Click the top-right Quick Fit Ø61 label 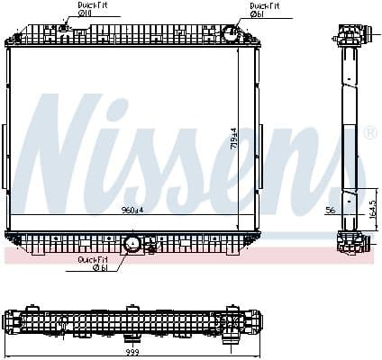click(x=264, y=9)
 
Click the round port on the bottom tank click(x=131, y=243)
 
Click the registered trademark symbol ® click(x=369, y=134)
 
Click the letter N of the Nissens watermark click(x=72, y=144)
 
